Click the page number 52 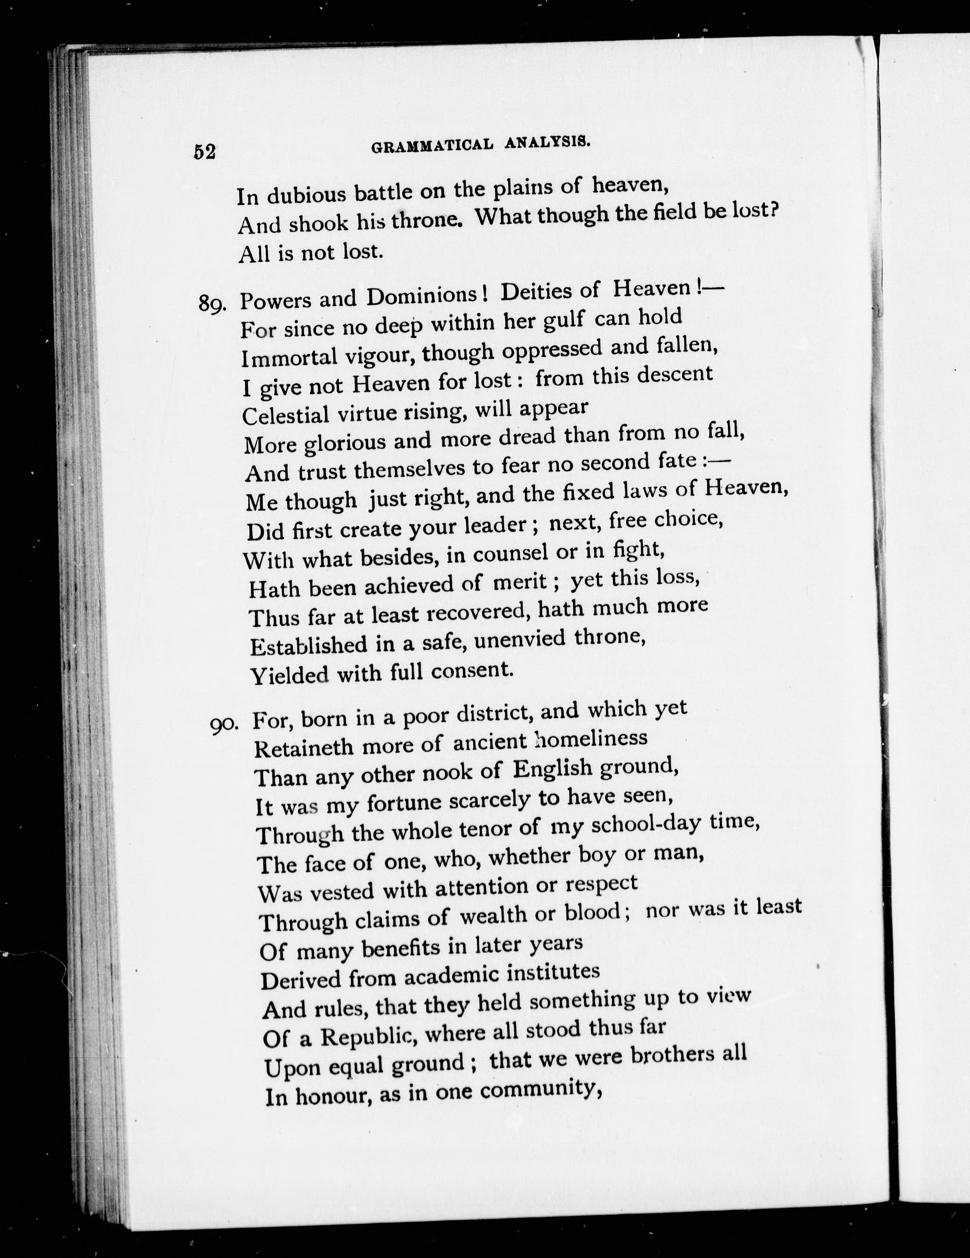pyautogui.click(x=204, y=151)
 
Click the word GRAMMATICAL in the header pyautogui.click(x=432, y=146)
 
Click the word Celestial pyautogui.click(x=286, y=415)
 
